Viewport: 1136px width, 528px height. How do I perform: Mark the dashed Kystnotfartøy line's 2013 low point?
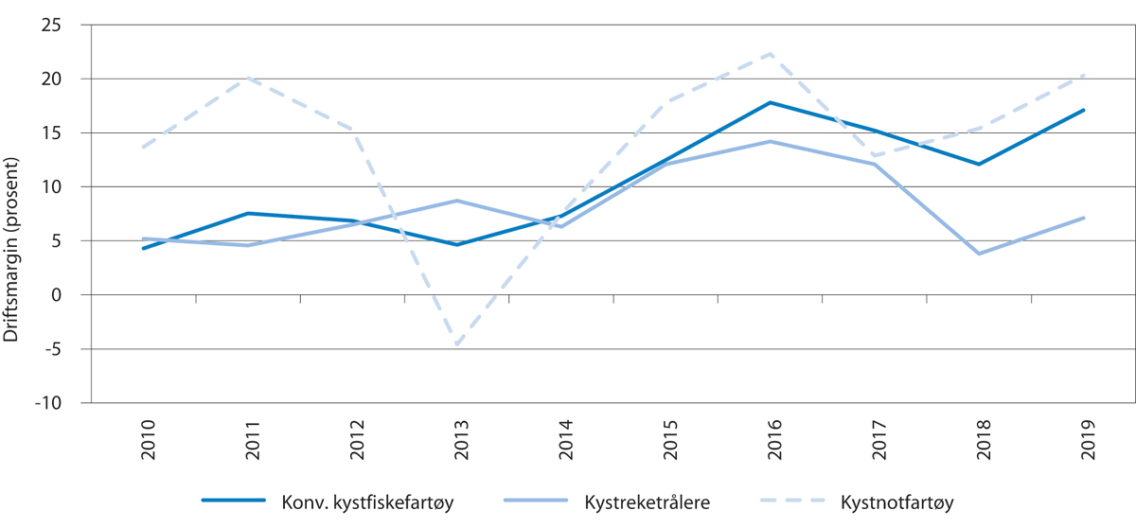coord(456,345)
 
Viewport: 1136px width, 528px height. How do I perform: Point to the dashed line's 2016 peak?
coord(772,53)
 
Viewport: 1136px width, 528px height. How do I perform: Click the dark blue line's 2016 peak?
coord(772,102)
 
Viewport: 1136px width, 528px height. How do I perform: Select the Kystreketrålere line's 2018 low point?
coord(979,254)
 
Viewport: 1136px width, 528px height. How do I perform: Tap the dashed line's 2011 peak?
coord(248,78)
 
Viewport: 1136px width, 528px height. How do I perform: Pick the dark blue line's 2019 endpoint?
coord(1084,110)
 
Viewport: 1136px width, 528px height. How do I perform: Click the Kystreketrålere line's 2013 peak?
coord(456,201)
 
